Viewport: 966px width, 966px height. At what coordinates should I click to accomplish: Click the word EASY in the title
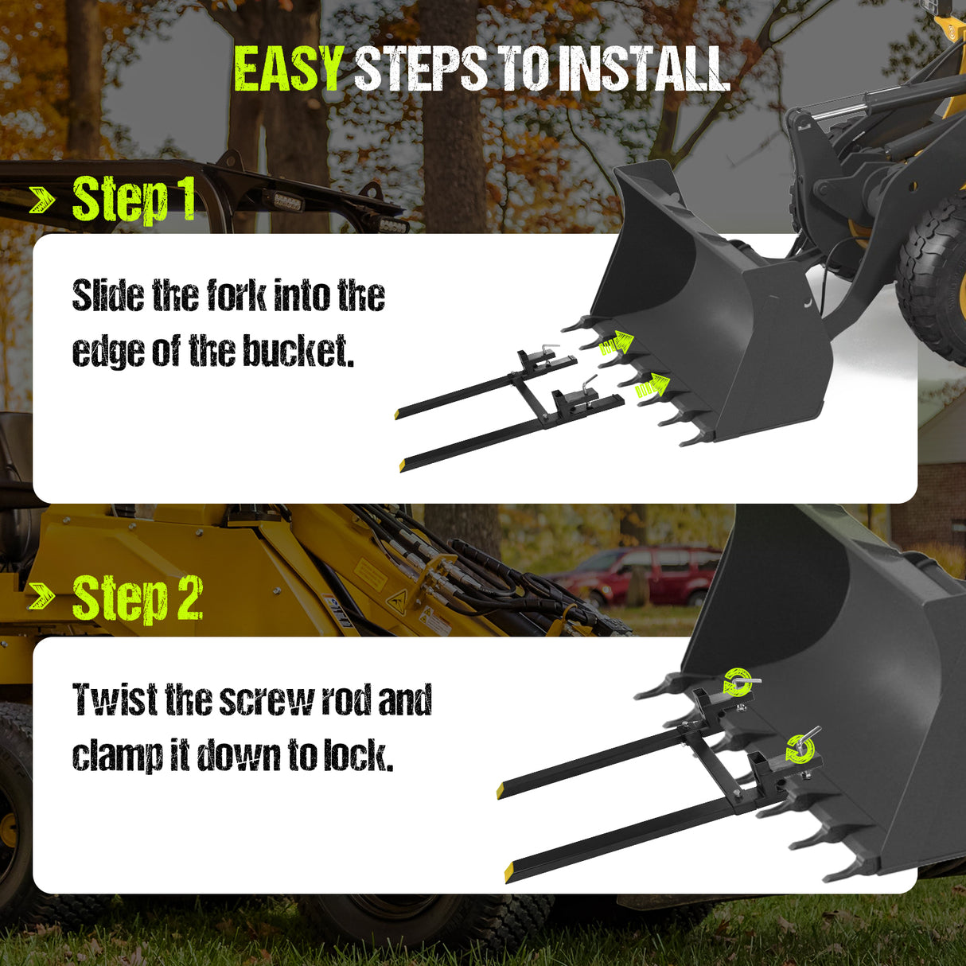coord(288,69)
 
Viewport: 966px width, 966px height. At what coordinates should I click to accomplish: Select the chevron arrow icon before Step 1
coord(43,201)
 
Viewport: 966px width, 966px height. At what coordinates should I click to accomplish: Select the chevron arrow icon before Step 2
coord(43,597)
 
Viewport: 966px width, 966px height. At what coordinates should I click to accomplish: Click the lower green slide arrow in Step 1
coord(652,386)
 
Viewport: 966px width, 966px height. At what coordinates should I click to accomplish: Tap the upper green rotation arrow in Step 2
coord(737,682)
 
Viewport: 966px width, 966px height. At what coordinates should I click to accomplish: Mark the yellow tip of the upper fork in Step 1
coord(397,414)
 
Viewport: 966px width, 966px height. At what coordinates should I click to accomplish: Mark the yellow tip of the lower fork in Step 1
coord(403,465)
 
